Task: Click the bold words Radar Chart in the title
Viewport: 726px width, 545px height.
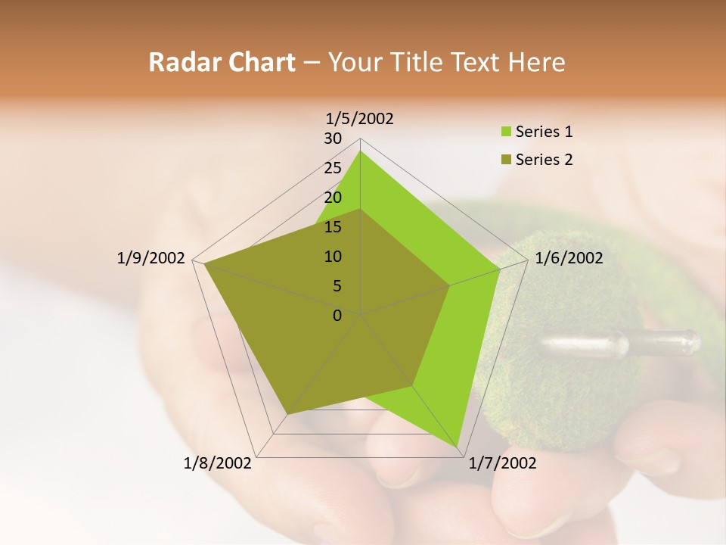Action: click(222, 62)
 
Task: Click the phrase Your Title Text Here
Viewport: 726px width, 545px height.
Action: click(446, 62)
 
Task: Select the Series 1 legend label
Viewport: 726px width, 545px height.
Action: click(544, 132)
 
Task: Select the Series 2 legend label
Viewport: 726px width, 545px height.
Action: click(544, 160)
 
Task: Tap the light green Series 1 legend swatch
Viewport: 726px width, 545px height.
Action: click(506, 132)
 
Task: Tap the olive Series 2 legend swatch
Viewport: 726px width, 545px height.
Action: click(506, 160)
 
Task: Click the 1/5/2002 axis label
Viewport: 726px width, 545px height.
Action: click(359, 118)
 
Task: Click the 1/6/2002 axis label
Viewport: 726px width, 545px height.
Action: click(569, 258)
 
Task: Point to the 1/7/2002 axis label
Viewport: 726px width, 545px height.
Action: click(502, 463)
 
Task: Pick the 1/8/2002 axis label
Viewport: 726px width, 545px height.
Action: click(217, 463)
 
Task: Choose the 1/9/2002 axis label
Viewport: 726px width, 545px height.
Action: click(150, 258)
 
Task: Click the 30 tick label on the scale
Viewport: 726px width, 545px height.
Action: click(333, 139)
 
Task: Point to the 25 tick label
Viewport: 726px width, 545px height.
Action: click(333, 168)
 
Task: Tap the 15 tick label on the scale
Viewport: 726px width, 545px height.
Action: click(333, 227)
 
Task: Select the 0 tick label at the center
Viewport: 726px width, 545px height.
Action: click(337, 316)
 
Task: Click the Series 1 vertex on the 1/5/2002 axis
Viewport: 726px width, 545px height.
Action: click(360, 151)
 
